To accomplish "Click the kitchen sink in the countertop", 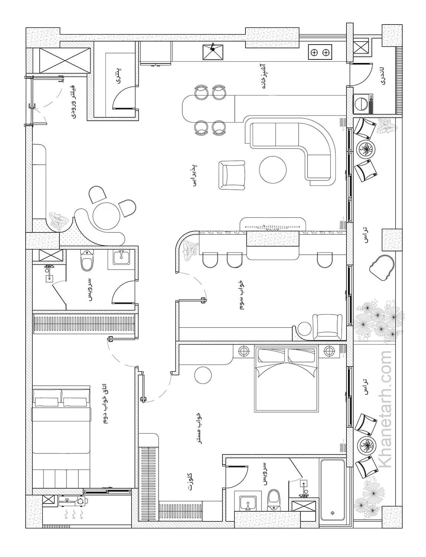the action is [x=213, y=52].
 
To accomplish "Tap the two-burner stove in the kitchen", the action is [x=320, y=52].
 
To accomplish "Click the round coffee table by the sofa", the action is [x=273, y=169].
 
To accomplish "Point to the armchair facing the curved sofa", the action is [x=232, y=175].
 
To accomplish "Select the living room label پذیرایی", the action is [x=194, y=176].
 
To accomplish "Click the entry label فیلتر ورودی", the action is [x=74, y=101].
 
